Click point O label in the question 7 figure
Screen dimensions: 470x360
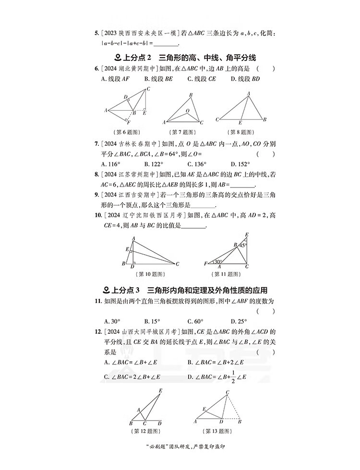tap(188, 110)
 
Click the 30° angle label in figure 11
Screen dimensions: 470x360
tap(218, 262)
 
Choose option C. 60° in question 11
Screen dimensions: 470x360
tap(195, 321)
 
